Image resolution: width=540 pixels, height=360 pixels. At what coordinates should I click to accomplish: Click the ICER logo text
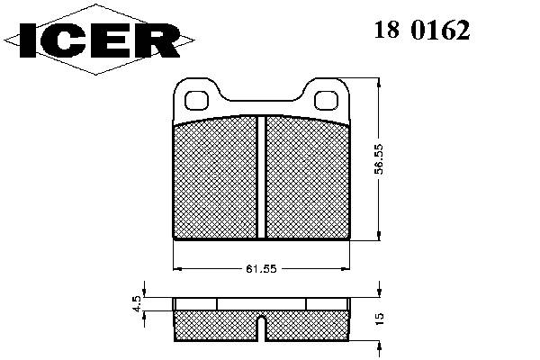coord(100,40)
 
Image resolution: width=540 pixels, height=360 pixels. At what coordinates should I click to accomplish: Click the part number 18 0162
coord(422,30)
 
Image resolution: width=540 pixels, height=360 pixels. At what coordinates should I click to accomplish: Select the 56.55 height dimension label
coord(379,159)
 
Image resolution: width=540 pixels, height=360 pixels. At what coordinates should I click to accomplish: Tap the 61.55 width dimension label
coord(261,269)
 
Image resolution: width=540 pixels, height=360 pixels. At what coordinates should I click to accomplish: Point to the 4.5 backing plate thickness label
coord(137,304)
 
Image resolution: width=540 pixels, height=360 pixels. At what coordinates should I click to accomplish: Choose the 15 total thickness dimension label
coord(379,319)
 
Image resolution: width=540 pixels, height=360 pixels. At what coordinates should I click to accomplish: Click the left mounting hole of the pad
coord(196,100)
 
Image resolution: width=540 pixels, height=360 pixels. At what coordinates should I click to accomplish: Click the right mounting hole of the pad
coord(326,100)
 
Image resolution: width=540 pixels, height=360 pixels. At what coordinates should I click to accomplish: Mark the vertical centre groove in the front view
coord(262,177)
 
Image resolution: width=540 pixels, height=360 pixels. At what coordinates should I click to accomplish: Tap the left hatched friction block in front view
coord(215,178)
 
